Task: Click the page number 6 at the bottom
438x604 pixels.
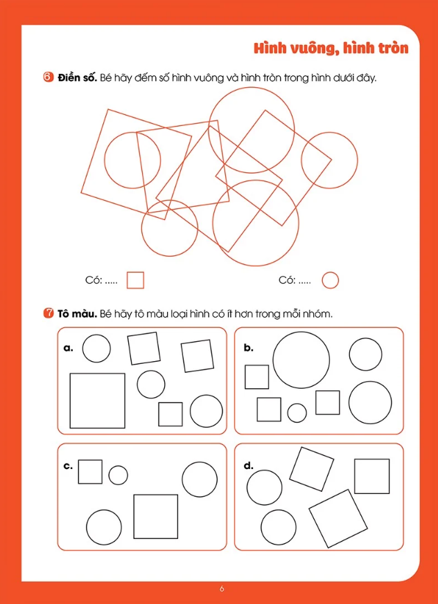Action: click(x=222, y=589)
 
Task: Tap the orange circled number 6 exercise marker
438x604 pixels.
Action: click(x=49, y=77)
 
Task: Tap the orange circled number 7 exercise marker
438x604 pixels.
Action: click(x=49, y=314)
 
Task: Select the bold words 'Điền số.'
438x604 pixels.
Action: click(x=77, y=77)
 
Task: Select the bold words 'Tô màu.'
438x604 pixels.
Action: click(x=77, y=314)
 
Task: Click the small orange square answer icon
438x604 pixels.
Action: click(x=135, y=280)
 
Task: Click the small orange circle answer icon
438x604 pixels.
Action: click(x=331, y=280)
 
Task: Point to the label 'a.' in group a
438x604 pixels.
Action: click(x=69, y=349)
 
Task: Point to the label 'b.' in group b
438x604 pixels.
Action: click(x=249, y=349)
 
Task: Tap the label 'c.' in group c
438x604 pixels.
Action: click(x=68, y=466)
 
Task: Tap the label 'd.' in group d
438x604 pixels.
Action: click(x=249, y=466)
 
